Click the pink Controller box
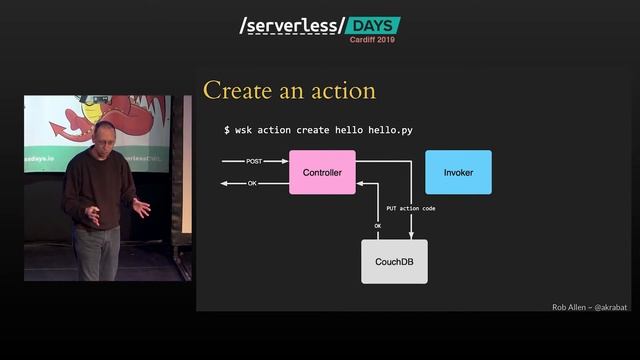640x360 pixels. pyautogui.click(x=322, y=172)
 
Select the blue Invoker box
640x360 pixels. pyautogui.click(x=458, y=172)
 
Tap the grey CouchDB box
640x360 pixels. pyautogui.click(x=394, y=261)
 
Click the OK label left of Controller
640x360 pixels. pyautogui.click(x=252, y=184)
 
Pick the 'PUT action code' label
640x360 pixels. pyautogui.click(x=410, y=208)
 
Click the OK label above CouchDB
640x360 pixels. pyautogui.click(x=378, y=226)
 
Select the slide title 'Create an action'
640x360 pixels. pyautogui.click(x=289, y=91)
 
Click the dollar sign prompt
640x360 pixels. pyautogui.click(x=226, y=130)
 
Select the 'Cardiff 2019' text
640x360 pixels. pyautogui.click(x=372, y=40)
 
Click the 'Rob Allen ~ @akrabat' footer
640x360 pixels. pyautogui.click(x=590, y=307)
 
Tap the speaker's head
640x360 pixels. pyautogui.click(x=105, y=134)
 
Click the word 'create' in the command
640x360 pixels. pyautogui.click(x=316, y=130)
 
